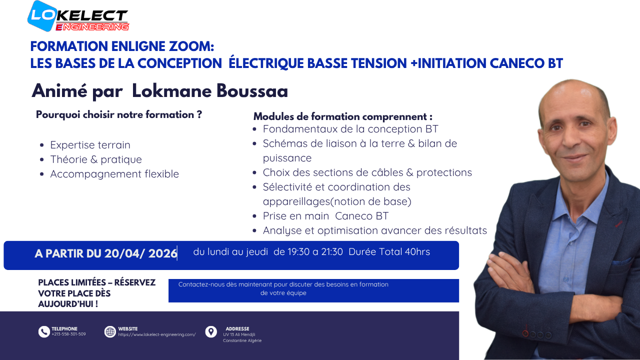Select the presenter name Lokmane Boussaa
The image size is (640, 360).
[x=210, y=91]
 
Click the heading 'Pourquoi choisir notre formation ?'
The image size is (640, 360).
[x=119, y=114]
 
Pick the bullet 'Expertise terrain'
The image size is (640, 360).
[x=90, y=145]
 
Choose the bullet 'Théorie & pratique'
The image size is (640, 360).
[x=96, y=159]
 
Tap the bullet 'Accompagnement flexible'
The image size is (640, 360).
[x=114, y=174]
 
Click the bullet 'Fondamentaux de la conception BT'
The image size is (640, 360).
[x=350, y=129]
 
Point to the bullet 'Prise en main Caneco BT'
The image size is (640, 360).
[x=325, y=216]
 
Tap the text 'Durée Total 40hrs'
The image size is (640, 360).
[x=389, y=251]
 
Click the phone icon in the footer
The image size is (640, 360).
[x=44, y=331]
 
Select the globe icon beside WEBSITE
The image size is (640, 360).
[x=110, y=331]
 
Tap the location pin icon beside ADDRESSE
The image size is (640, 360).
[x=211, y=331]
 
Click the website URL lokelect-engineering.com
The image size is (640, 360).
[x=157, y=334]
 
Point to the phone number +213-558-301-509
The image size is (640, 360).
[x=68, y=334]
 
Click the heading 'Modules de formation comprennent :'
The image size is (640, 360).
[x=343, y=116]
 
